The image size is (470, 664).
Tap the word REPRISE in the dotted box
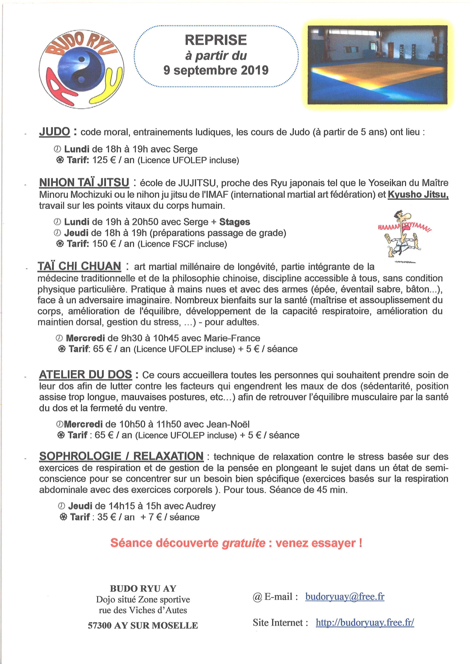tap(216, 40)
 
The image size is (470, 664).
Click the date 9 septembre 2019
tap(216, 70)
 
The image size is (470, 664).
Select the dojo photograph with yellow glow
tap(377, 65)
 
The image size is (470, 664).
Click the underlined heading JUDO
tap(54, 132)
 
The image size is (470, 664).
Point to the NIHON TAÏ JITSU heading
tap(84, 183)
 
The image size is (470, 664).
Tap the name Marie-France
tap(232, 338)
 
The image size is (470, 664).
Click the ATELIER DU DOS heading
tap(85, 375)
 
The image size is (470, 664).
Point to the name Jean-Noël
tap(228, 424)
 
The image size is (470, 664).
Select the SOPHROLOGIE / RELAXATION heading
tap(121, 456)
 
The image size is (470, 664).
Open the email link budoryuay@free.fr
tap(345, 597)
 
